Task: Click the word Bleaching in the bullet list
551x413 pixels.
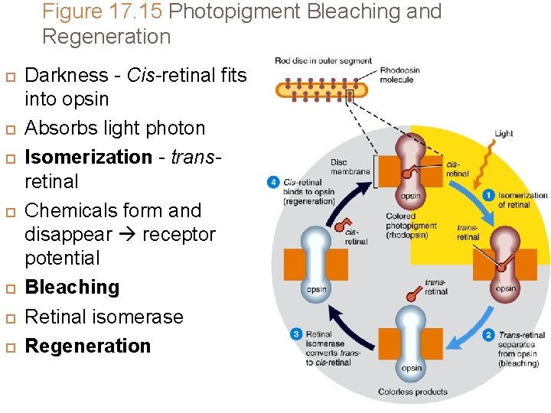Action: tap(73, 288)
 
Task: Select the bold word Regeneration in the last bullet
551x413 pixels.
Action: tap(88, 346)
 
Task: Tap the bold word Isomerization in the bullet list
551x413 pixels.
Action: tap(89, 157)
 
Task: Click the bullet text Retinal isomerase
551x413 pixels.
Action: tap(104, 317)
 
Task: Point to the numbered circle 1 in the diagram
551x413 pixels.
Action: tap(488, 196)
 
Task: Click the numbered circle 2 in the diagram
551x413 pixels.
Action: tap(488, 335)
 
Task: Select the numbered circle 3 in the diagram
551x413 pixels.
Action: tap(295, 333)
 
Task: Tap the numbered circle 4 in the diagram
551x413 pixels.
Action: tap(273, 182)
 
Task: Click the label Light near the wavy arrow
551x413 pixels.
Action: tap(504, 133)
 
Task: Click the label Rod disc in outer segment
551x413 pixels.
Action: tap(323, 60)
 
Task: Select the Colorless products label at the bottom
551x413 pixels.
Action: tap(412, 392)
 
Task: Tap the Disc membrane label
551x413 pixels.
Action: tap(350, 167)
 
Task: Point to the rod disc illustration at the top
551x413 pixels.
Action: tap(321, 90)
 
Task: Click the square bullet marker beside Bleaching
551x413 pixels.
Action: tap(8, 288)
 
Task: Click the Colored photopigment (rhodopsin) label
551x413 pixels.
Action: tap(412, 226)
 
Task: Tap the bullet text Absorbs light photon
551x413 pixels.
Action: tap(115, 128)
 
